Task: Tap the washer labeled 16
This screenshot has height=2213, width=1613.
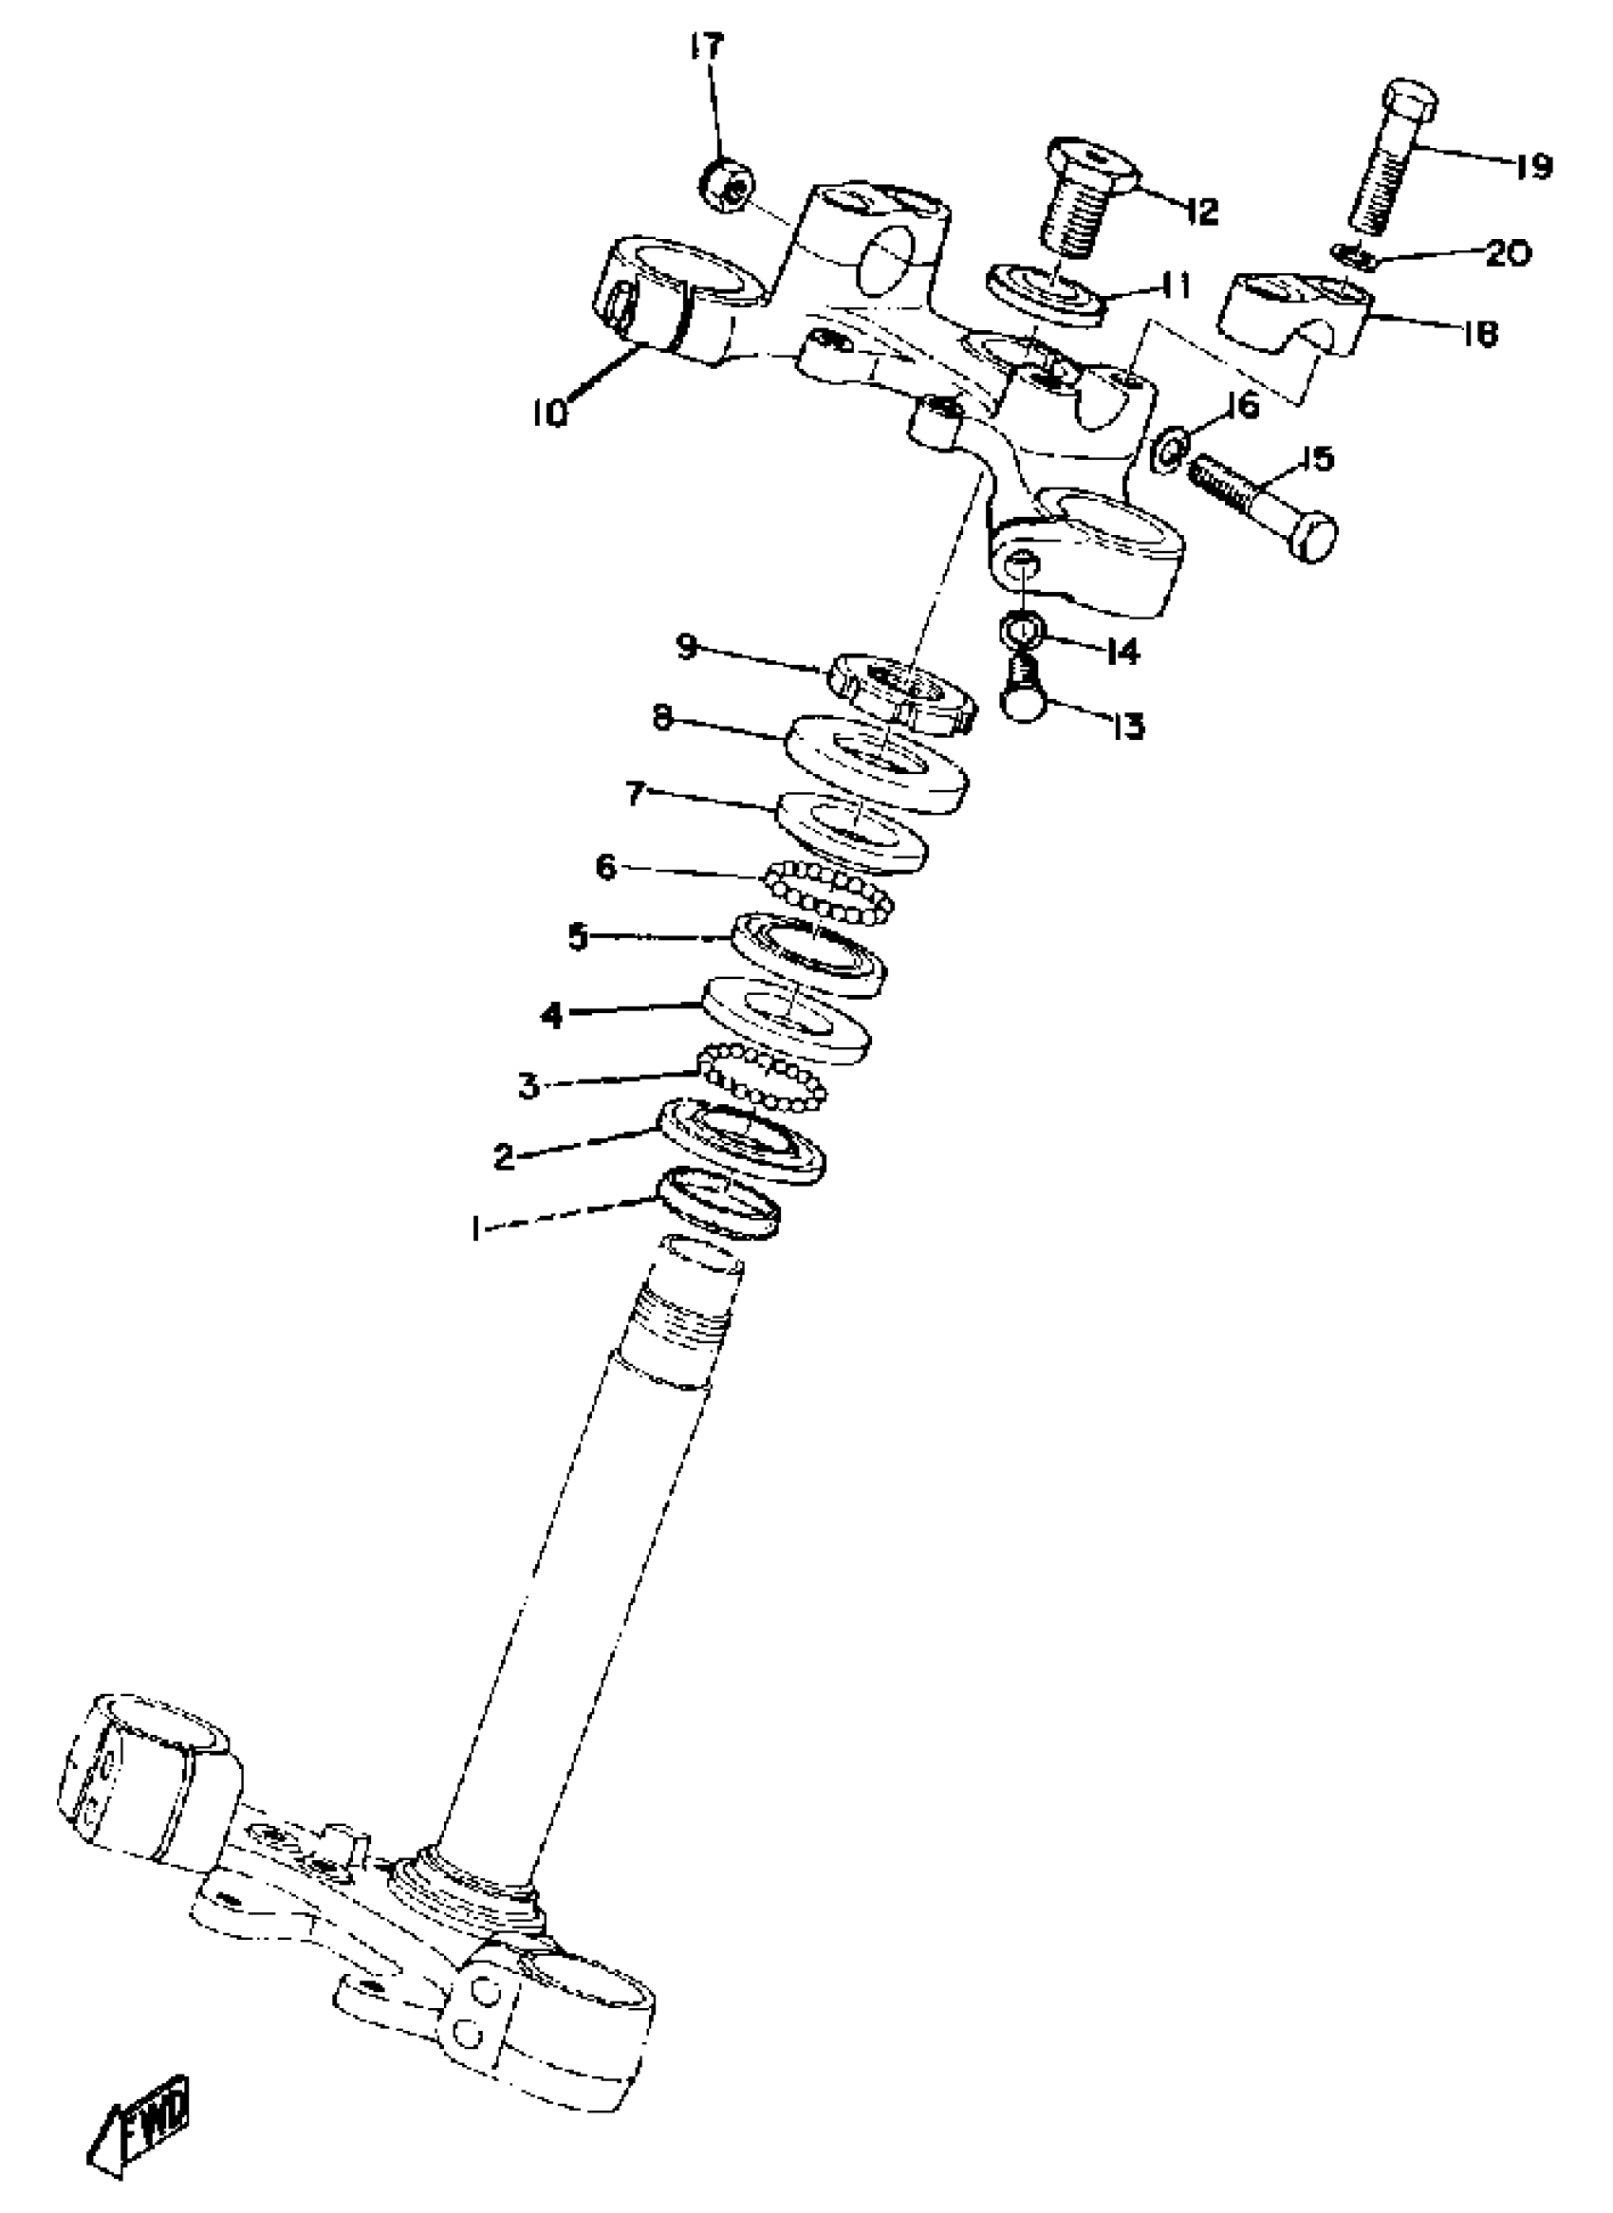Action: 1171,447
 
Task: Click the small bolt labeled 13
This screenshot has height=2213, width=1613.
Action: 1020,692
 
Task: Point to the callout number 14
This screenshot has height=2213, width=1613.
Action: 1122,651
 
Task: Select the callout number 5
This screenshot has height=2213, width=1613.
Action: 579,938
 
